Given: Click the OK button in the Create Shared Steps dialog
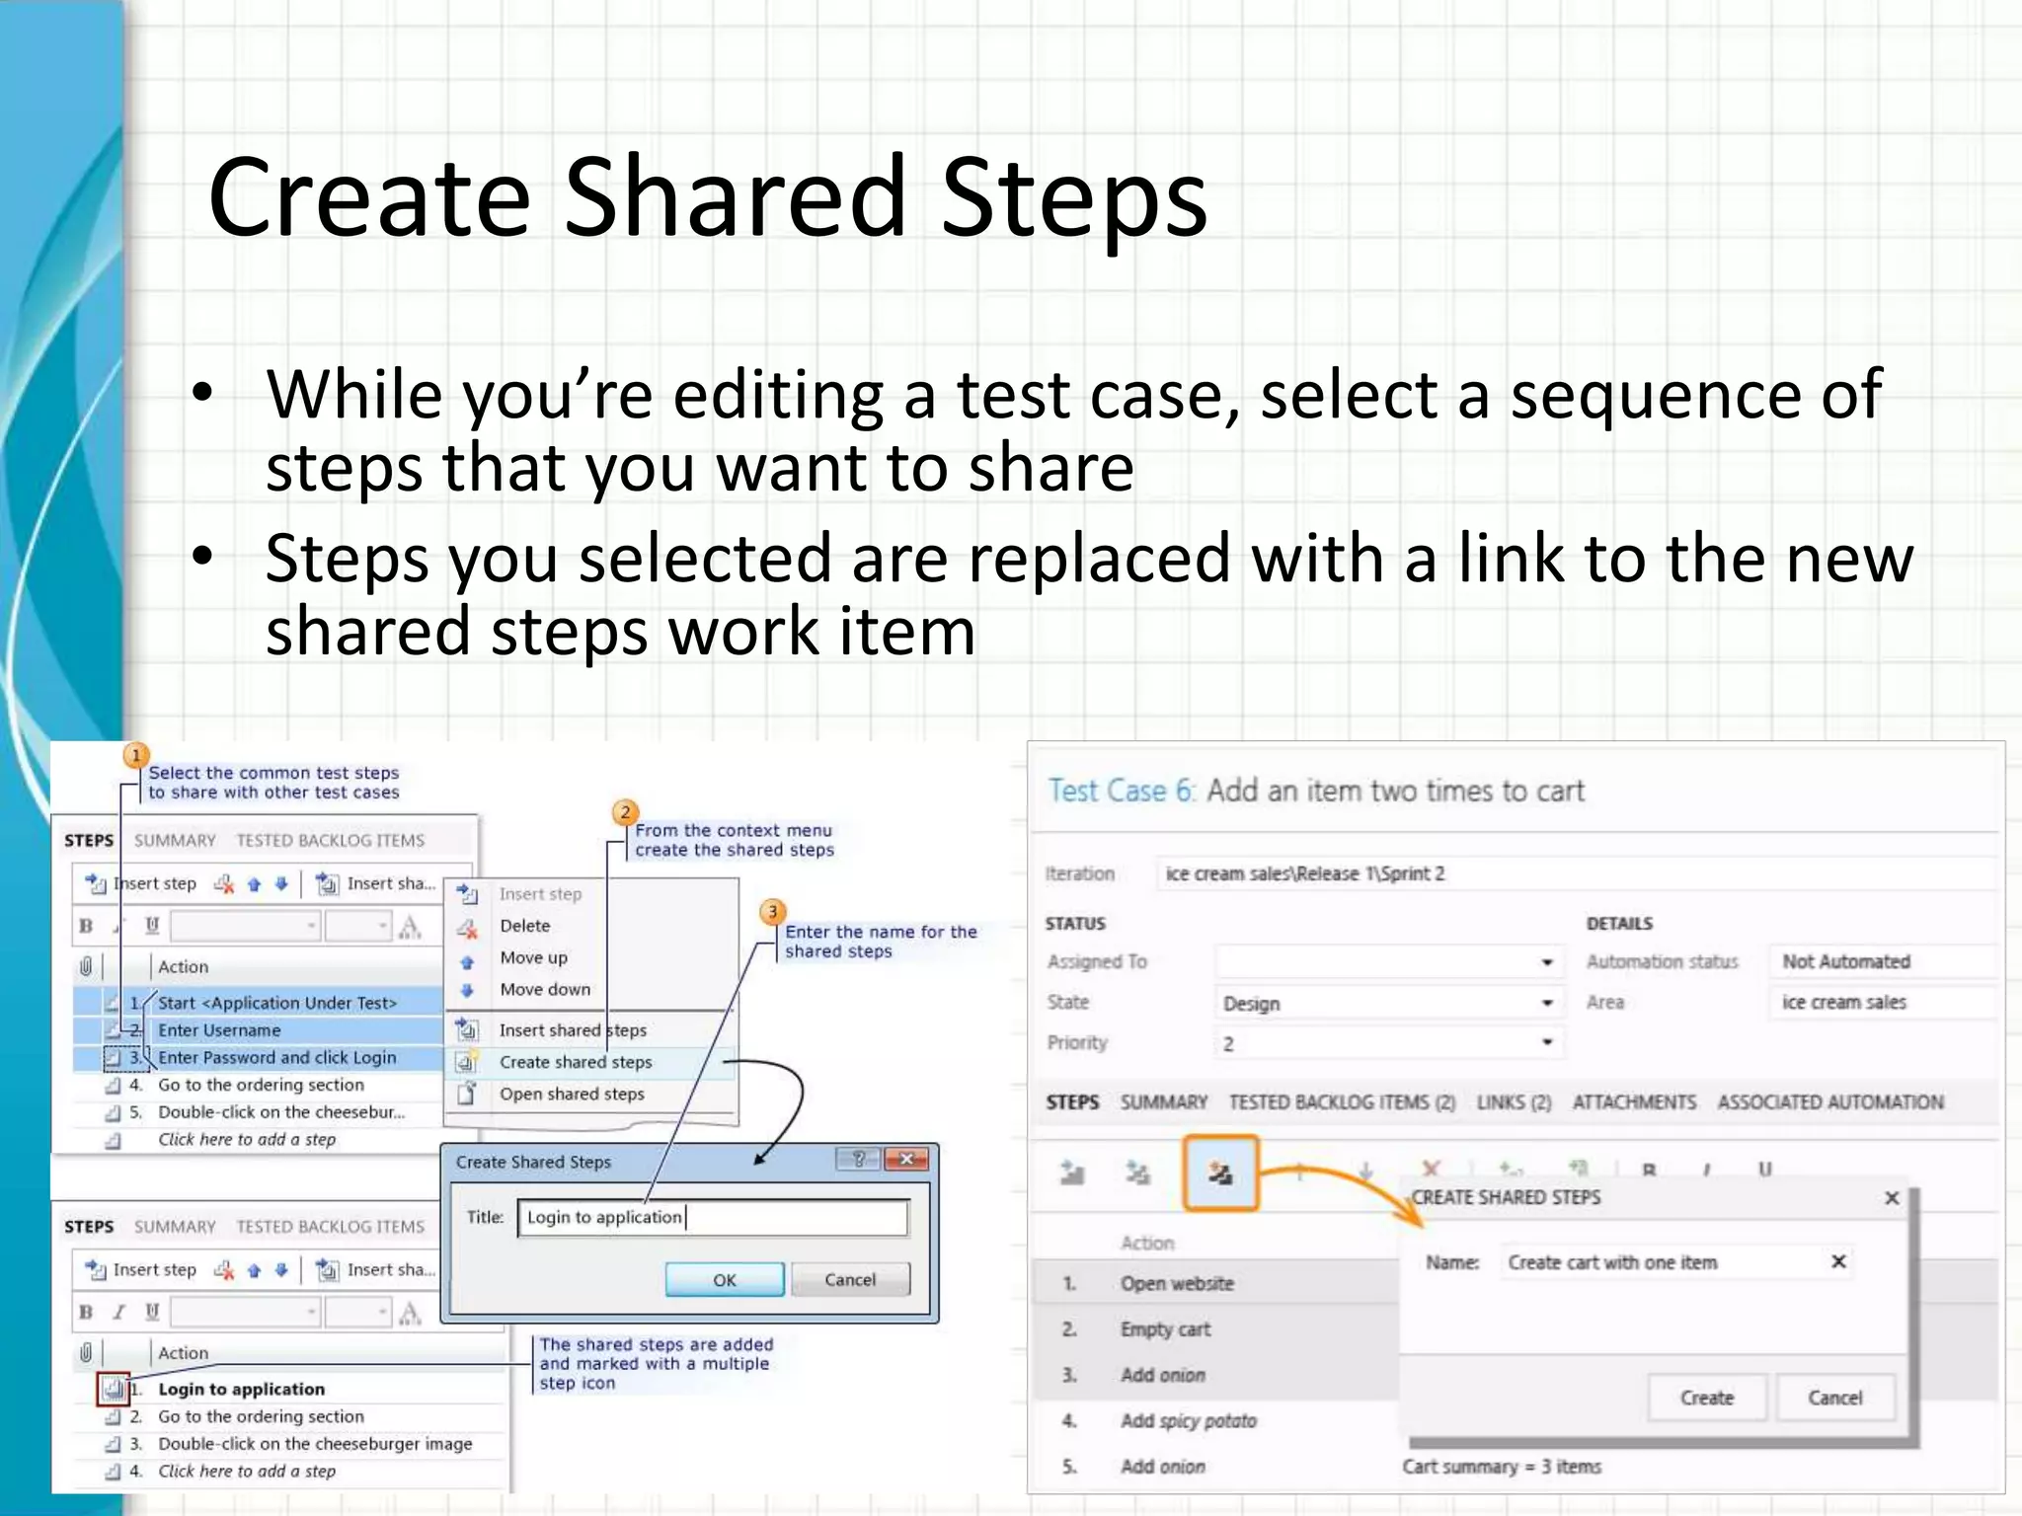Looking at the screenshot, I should click(x=724, y=1279).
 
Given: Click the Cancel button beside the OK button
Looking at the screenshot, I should click(x=849, y=1279).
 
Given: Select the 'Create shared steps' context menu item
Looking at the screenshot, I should click(x=575, y=1062).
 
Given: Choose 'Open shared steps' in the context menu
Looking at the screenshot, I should click(x=571, y=1094).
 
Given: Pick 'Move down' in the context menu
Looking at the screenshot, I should click(x=544, y=989).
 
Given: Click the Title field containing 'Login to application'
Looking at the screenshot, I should click(x=711, y=1217).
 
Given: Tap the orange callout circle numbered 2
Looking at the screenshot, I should click(x=625, y=812).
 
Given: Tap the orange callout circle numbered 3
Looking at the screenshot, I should click(x=772, y=912).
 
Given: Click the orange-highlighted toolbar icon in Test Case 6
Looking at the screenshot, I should click(x=1220, y=1173).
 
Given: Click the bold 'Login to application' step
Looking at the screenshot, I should click(x=241, y=1389).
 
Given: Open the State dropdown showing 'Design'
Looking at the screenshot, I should click(x=1387, y=1003).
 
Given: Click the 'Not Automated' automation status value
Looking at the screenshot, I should click(x=1845, y=961).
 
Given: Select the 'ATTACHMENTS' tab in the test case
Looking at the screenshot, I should click(x=1634, y=1101).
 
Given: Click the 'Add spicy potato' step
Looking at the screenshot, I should click(x=1188, y=1420).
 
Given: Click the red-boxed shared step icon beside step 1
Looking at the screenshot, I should click(x=114, y=1389).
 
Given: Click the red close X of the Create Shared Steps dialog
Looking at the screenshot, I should click(x=906, y=1159).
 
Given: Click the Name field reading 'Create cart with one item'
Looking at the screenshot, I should click(x=1659, y=1262).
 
